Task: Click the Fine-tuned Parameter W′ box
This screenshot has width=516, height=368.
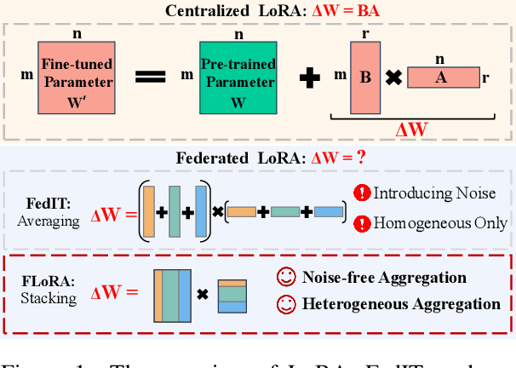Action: coord(75,78)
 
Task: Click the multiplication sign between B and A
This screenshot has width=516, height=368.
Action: coord(393,78)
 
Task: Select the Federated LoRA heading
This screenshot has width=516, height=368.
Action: coord(257,158)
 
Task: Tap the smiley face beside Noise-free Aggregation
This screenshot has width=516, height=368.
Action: coord(287,278)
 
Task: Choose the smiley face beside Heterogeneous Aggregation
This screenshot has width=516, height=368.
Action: coord(287,304)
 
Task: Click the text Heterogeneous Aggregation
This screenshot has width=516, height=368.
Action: coord(401,304)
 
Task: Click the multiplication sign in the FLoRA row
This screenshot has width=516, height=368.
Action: coord(203,296)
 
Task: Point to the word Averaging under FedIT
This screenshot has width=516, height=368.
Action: coord(49,220)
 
